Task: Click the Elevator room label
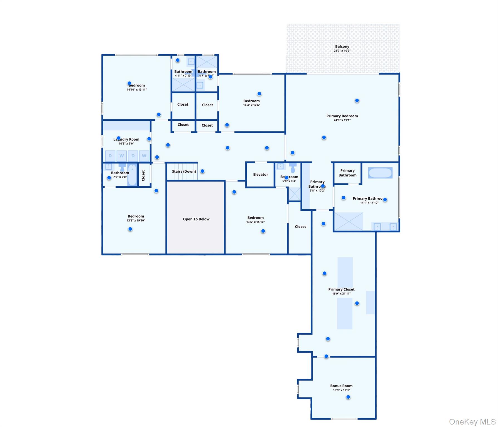click(x=260, y=175)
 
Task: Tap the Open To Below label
click(x=196, y=219)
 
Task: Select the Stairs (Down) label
click(x=184, y=171)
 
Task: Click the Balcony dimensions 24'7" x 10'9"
click(x=342, y=51)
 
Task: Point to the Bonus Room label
click(x=341, y=386)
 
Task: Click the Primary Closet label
click(x=341, y=289)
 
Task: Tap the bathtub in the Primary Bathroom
click(x=380, y=173)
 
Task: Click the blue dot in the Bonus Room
click(x=348, y=397)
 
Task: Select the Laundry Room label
click(x=126, y=139)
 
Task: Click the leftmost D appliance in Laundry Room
click(x=110, y=156)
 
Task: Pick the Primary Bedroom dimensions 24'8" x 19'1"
click(x=342, y=120)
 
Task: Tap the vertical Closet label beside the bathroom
click(x=143, y=176)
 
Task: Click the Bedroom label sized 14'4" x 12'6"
click(x=251, y=101)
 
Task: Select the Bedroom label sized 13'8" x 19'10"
click(x=136, y=216)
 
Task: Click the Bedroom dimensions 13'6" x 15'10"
click(x=255, y=222)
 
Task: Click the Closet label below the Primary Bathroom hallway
click(x=300, y=227)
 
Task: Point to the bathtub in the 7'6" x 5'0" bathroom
click(x=132, y=175)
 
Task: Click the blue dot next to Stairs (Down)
click(x=202, y=171)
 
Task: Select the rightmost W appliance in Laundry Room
click(x=144, y=156)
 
